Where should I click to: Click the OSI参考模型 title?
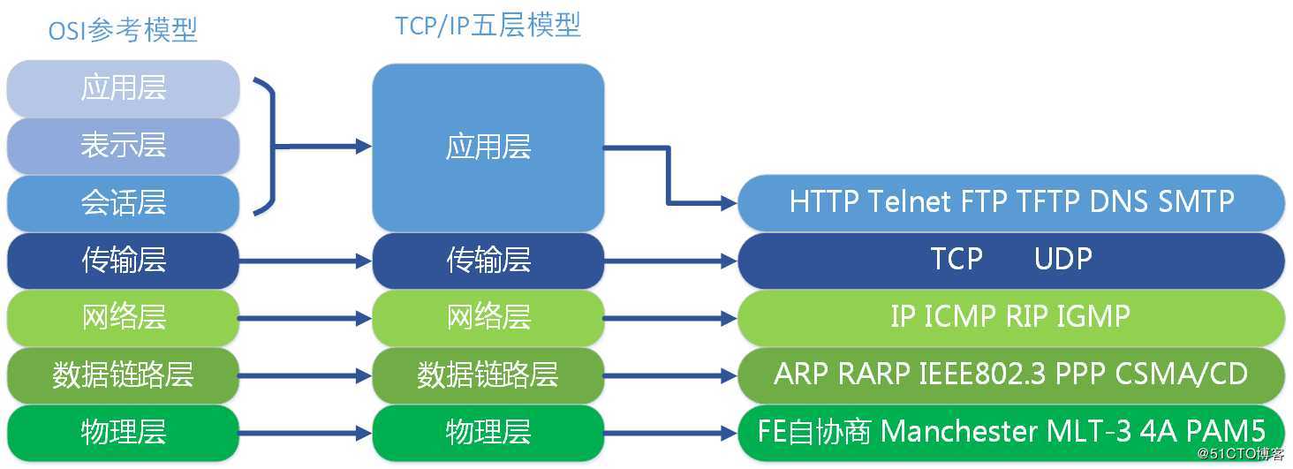tap(123, 30)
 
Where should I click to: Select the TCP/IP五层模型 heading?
tap(488, 26)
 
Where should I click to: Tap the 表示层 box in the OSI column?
tap(124, 146)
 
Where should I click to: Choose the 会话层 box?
tap(124, 203)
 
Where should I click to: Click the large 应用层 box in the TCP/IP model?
tap(488, 147)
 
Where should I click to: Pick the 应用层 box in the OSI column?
tap(124, 88)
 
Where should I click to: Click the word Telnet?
tap(910, 201)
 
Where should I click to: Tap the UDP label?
tap(1063, 259)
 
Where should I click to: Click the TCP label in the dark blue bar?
tap(957, 259)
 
